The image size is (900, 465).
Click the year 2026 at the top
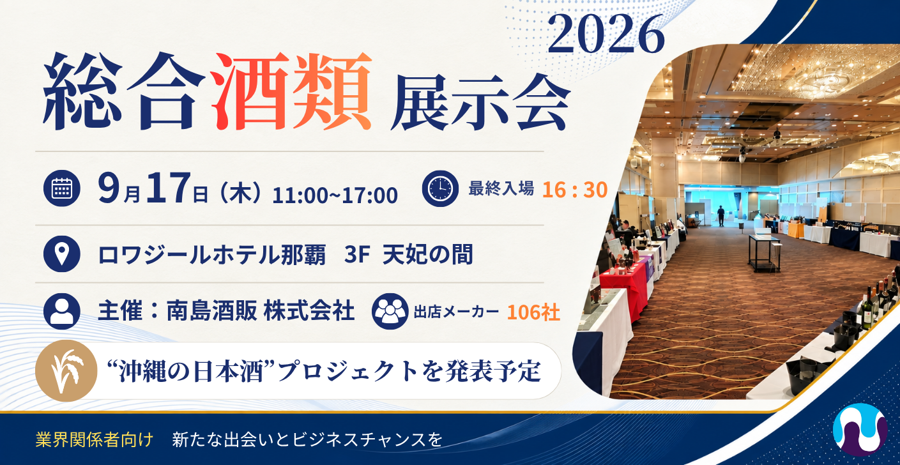606,34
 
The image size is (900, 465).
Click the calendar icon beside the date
62,188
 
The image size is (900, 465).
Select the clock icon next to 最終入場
440,188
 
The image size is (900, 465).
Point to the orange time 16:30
574,190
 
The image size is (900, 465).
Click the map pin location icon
62,254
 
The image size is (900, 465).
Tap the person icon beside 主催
62,312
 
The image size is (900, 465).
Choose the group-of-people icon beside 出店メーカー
390,312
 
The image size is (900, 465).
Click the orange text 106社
533,312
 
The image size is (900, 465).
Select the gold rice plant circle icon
66,370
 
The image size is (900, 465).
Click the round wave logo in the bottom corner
860,429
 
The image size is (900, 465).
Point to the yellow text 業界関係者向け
95,439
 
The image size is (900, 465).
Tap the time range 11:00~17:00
335,195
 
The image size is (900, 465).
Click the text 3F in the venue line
357,255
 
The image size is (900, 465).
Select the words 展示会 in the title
480,102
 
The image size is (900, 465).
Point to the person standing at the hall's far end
721,216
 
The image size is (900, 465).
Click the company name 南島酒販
211,312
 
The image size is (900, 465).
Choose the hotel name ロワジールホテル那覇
211,255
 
